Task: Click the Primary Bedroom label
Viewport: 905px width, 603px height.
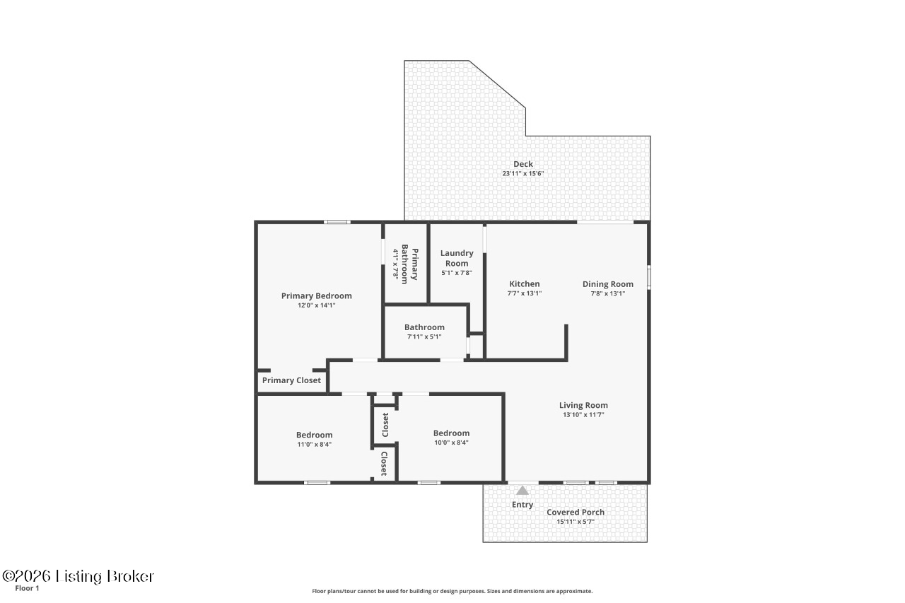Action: tap(316, 296)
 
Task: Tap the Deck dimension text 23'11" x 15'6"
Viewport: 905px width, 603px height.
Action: tap(522, 173)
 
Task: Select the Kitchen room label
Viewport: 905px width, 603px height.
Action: tap(524, 284)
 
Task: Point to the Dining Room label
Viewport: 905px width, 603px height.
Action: tap(607, 284)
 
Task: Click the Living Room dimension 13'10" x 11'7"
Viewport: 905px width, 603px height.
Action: tap(583, 415)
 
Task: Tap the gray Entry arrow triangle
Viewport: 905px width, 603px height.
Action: tap(522, 490)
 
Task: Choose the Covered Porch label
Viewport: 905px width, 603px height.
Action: tap(576, 513)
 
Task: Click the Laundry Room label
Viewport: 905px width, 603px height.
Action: tap(457, 258)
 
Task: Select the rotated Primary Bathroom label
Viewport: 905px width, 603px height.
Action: tap(410, 264)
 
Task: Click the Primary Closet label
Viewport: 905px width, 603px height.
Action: tap(291, 380)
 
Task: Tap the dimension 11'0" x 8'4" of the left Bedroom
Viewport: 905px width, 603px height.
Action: tap(314, 444)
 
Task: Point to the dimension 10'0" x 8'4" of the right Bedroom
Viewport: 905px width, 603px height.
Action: tap(451, 443)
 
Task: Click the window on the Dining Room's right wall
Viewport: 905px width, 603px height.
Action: tap(649, 276)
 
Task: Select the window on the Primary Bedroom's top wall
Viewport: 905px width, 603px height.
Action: tap(337, 222)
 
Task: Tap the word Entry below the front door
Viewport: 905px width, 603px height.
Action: tap(522, 505)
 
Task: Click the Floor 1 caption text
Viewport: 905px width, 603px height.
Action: tap(27, 588)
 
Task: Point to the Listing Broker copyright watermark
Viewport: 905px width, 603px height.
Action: tap(78, 576)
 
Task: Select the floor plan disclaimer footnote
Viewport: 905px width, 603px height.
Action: tap(452, 591)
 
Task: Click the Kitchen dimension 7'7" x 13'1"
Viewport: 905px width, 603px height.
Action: tap(524, 293)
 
